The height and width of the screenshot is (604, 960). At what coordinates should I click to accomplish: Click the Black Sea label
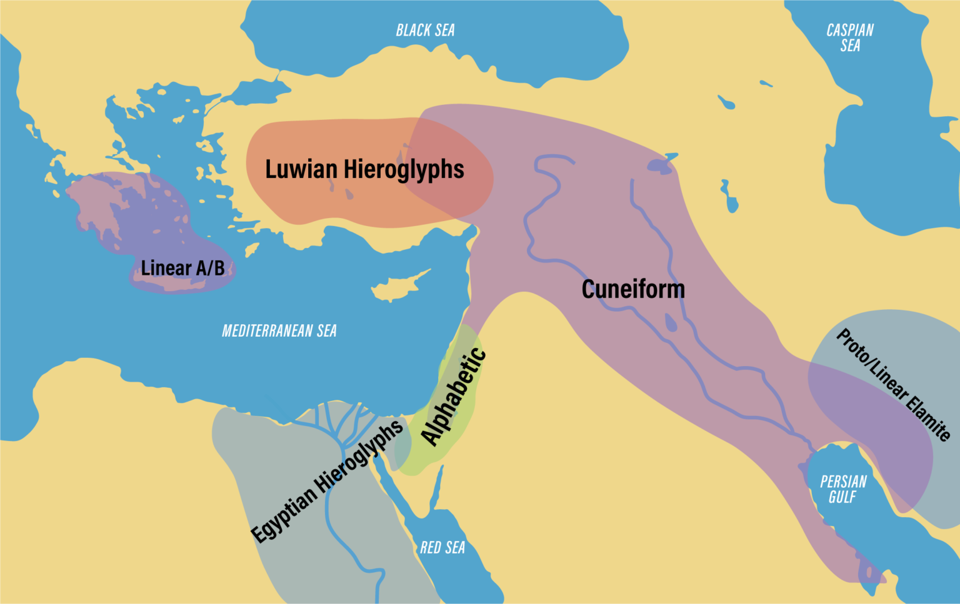(x=425, y=30)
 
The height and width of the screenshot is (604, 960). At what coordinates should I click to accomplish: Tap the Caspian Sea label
(x=849, y=37)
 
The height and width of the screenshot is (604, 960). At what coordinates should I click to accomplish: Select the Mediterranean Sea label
(x=279, y=330)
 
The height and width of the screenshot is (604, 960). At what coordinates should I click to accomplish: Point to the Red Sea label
(x=442, y=548)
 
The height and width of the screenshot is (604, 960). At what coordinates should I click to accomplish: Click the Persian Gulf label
(x=843, y=489)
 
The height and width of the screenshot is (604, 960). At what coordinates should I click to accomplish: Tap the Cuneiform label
(x=633, y=289)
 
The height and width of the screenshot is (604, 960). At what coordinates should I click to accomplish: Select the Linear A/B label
(x=182, y=268)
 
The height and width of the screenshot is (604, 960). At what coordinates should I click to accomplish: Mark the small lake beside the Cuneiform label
(x=671, y=323)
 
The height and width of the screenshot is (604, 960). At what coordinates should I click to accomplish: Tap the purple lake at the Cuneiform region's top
(x=660, y=166)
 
